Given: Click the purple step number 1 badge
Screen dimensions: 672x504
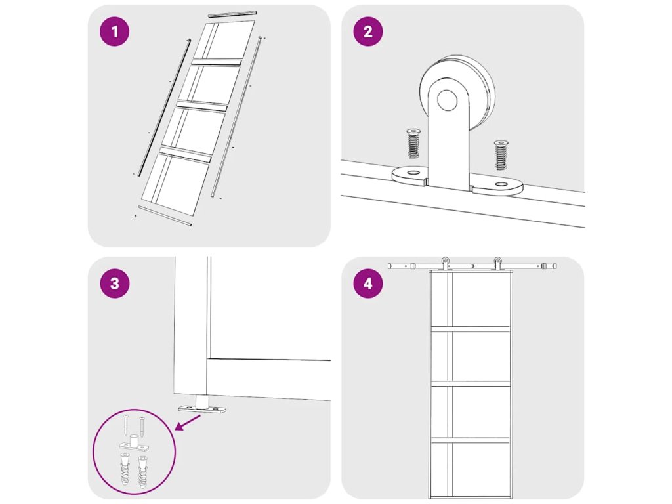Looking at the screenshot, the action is click(x=114, y=31).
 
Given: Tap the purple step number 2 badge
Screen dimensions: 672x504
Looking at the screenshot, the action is click(x=367, y=31).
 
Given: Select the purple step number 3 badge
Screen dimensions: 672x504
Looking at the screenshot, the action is click(x=114, y=283).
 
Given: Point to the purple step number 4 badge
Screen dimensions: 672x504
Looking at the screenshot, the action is click(x=367, y=283).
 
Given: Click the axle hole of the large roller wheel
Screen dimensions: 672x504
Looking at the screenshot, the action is click(x=447, y=100).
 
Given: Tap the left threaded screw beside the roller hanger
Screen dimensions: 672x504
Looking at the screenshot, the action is click(x=413, y=143).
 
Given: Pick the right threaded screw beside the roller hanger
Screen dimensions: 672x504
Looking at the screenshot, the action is click(x=501, y=155).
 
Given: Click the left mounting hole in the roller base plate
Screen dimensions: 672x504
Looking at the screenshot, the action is click(x=413, y=173).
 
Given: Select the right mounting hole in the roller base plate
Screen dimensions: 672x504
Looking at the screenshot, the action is click(x=501, y=184).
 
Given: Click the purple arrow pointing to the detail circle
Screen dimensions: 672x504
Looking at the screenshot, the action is click(x=188, y=423).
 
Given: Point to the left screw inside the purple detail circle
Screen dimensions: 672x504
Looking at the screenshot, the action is click(x=125, y=425).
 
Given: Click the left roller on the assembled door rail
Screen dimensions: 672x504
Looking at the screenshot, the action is click(x=446, y=263).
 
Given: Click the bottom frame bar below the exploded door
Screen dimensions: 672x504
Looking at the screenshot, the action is click(x=165, y=216).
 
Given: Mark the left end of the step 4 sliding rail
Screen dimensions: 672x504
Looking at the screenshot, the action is click(x=390, y=266).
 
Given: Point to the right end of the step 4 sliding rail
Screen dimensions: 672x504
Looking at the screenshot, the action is click(x=555, y=266).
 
